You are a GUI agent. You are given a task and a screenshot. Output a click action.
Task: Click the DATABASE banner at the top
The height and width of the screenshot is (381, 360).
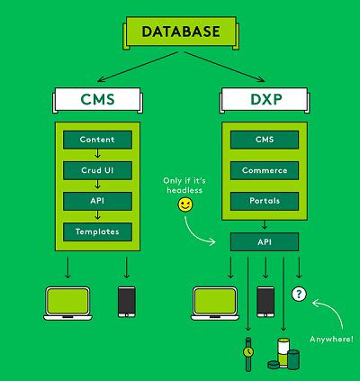[181, 32]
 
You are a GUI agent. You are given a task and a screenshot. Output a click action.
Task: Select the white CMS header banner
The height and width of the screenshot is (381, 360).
[97, 100]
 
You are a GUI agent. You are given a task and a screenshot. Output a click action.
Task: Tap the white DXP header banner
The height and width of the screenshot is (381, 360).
[265, 100]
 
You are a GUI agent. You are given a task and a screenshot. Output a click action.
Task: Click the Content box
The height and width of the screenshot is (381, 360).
[97, 140]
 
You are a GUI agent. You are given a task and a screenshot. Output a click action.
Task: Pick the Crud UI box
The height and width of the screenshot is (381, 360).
[97, 170]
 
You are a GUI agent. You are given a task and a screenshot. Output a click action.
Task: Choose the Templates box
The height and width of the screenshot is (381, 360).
[97, 231]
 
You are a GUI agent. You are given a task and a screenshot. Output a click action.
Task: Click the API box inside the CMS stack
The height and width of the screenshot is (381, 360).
[97, 201]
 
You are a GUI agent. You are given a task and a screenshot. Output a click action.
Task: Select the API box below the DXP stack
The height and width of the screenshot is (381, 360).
[265, 242]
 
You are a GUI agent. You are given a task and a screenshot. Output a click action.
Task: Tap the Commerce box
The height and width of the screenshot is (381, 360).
[265, 170]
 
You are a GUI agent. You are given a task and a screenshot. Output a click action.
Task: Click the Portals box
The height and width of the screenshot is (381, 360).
[265, 201]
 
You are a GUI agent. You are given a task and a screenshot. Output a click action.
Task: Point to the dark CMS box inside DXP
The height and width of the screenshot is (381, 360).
[265, 140]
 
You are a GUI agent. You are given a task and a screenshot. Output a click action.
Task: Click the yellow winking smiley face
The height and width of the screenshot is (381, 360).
[185, 204]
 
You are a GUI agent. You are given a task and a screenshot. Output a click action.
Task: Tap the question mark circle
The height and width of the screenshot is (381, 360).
[299, 294]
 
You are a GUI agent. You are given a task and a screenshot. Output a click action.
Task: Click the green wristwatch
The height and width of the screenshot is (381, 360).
[248, 354]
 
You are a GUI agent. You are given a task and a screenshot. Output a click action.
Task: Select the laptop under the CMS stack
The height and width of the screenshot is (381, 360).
[67, 304]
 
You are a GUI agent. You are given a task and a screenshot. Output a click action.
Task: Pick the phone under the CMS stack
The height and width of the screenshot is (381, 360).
[127, 302]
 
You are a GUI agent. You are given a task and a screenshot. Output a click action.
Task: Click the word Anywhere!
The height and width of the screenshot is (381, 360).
[332, 340]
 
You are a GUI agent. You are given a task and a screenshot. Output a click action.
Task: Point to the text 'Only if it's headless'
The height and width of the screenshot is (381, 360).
[184, 186]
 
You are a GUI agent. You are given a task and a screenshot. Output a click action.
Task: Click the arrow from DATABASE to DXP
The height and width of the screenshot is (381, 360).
[224, 67]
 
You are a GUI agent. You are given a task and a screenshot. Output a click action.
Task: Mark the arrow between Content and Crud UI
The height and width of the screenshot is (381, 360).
[97, 153]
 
